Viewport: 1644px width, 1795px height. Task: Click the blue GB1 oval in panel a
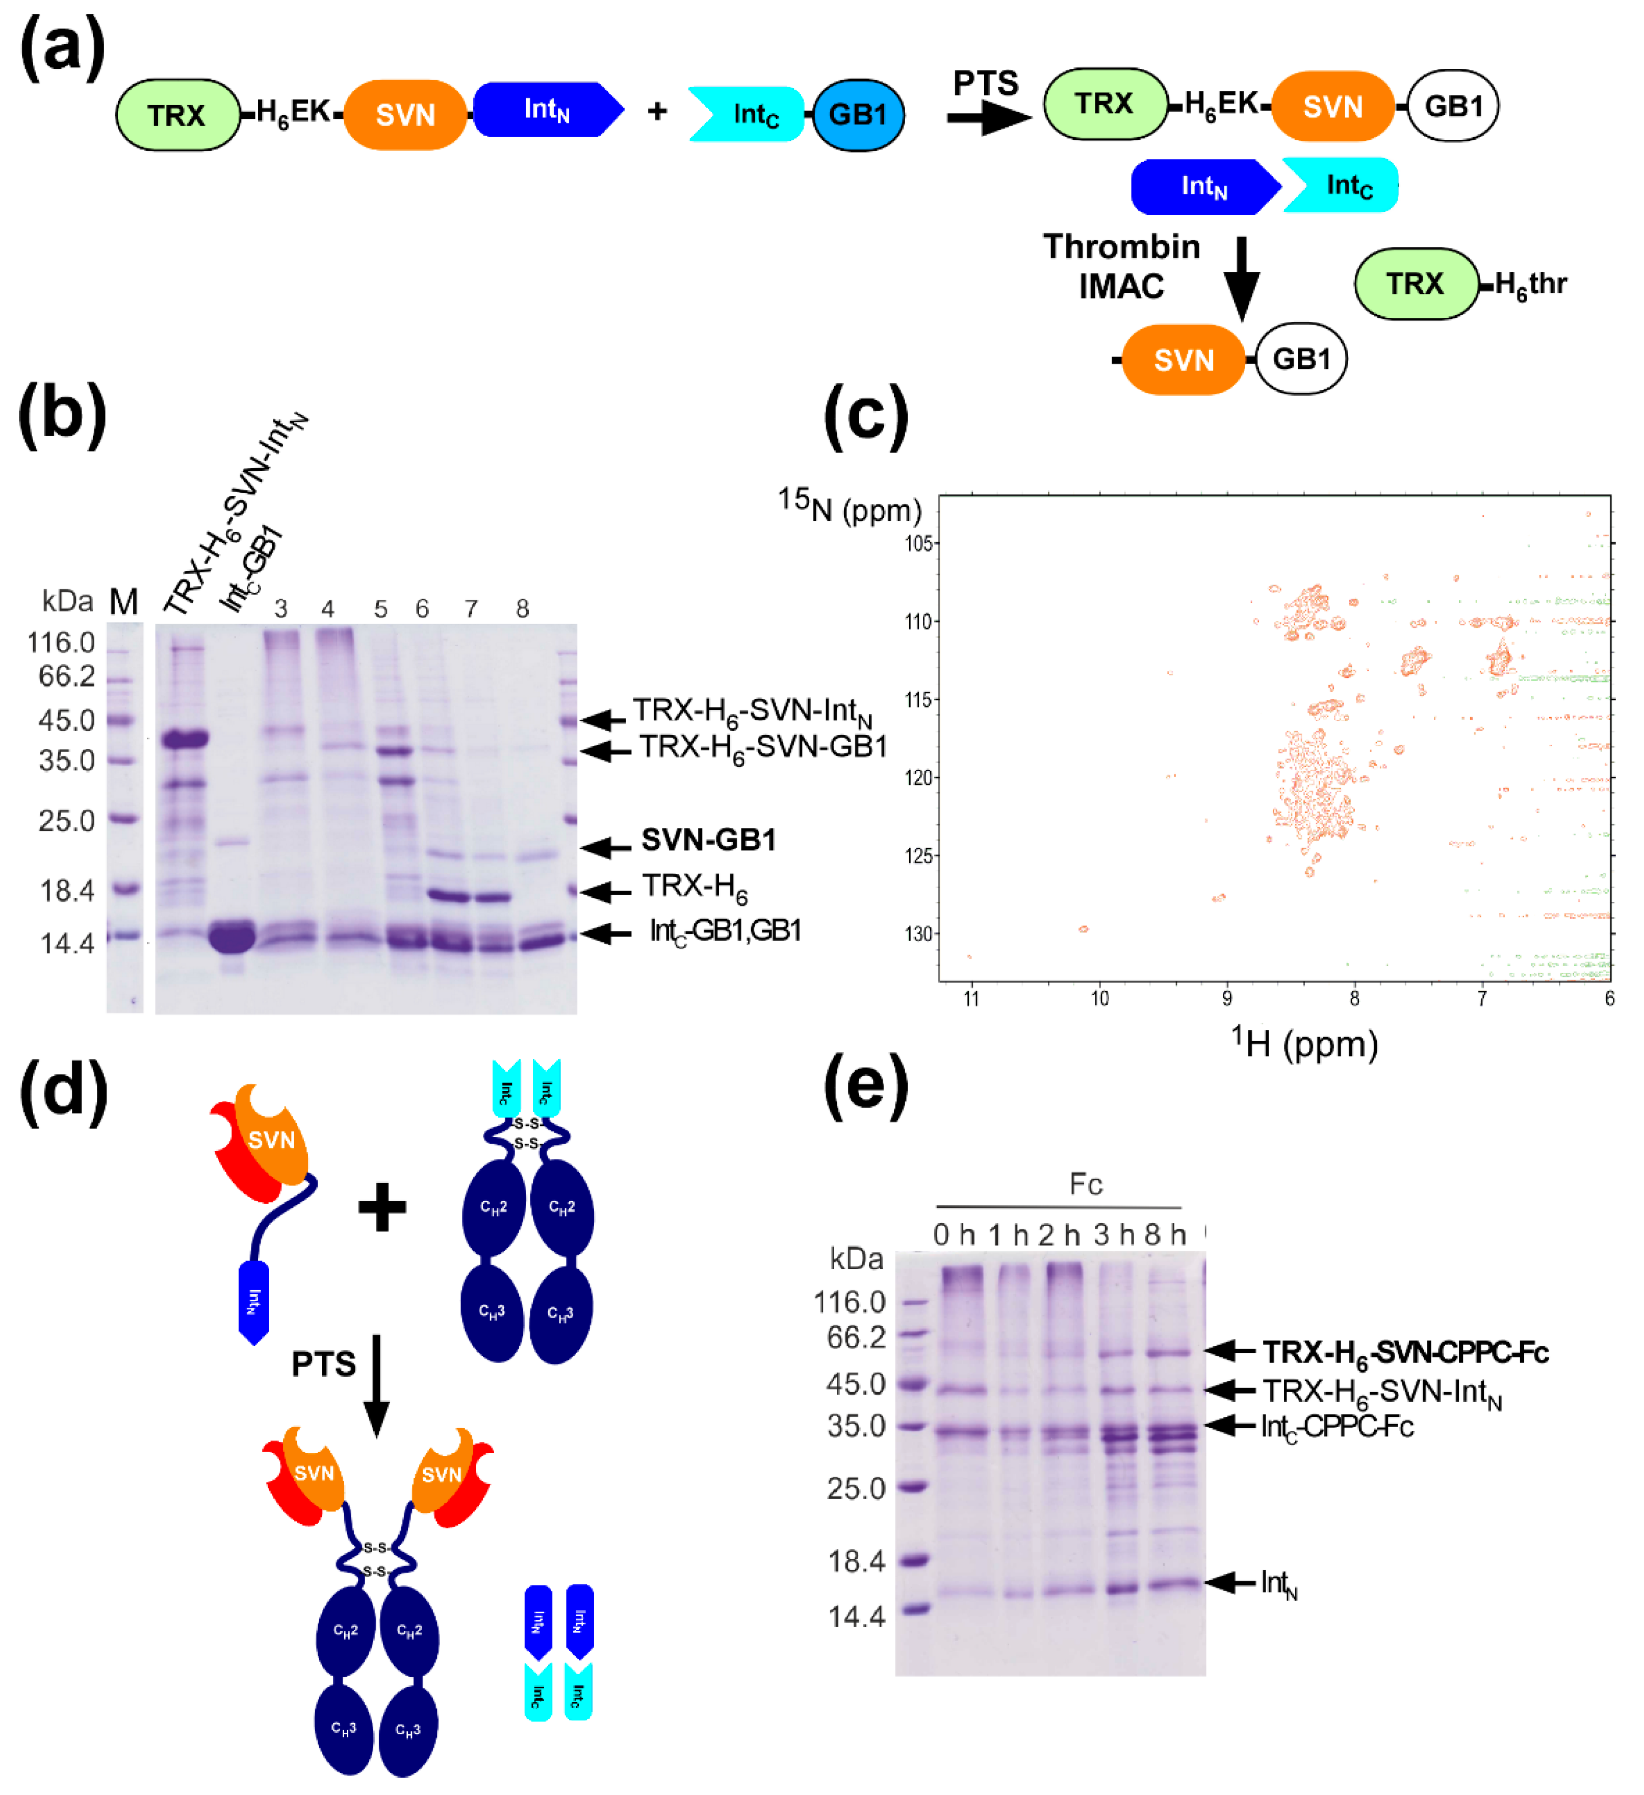click(858, 115)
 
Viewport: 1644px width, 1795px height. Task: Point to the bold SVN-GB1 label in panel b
click(708, 840)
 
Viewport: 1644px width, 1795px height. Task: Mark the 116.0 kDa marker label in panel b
click(61, 642)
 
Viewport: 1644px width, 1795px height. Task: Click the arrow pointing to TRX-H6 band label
click(606, 891)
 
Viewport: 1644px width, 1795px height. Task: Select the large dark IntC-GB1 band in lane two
click(233, 937)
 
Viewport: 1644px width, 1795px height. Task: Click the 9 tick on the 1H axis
click(1226, 999)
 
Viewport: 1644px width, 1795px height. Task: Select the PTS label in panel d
click(323, 1364)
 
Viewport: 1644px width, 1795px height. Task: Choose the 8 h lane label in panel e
click(1165, 1235)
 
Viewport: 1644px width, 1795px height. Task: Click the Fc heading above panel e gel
click(1086, 1185)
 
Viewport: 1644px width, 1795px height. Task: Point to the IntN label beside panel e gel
click(1279, 1584)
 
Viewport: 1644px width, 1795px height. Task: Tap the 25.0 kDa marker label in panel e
click(855, 1489)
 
